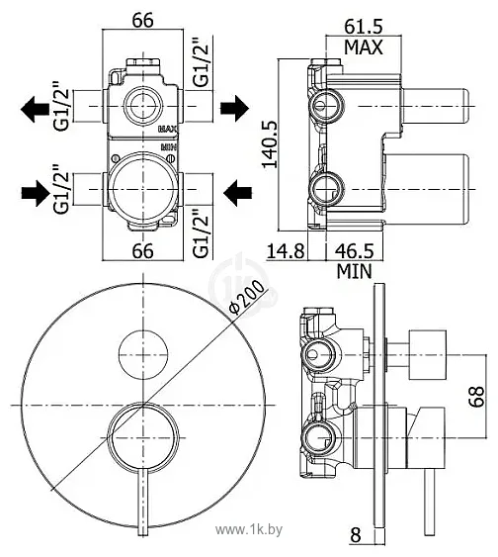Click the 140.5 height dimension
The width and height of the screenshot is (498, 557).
271,143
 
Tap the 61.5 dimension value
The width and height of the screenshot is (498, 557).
364,26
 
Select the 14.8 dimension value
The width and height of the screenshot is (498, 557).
286,251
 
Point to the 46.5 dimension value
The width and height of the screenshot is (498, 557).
355,251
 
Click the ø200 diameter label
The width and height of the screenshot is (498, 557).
247,297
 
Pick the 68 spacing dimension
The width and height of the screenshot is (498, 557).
476,396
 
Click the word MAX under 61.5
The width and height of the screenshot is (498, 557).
364,46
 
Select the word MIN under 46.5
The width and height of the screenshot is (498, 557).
355,272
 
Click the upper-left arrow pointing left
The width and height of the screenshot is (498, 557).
36,109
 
